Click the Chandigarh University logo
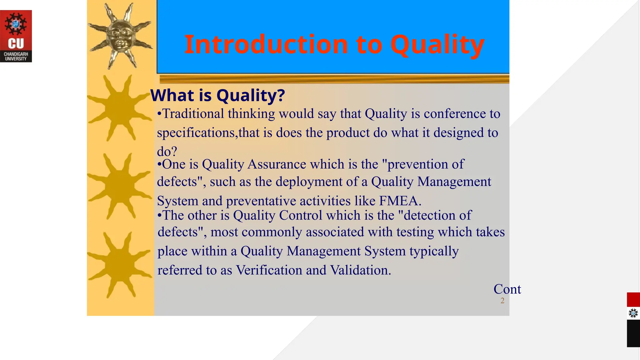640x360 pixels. point(16,36)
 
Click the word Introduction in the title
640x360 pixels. point(266,44)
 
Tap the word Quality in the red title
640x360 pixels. point(437,44)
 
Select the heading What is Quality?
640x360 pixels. point(217,95)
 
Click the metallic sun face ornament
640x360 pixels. point(121,35)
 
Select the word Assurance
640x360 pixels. point(277,164)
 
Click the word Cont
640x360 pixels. point(507,289)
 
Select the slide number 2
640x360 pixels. point(502,301)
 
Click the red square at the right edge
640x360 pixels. point(633,300)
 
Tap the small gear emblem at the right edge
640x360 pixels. point(633,313)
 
